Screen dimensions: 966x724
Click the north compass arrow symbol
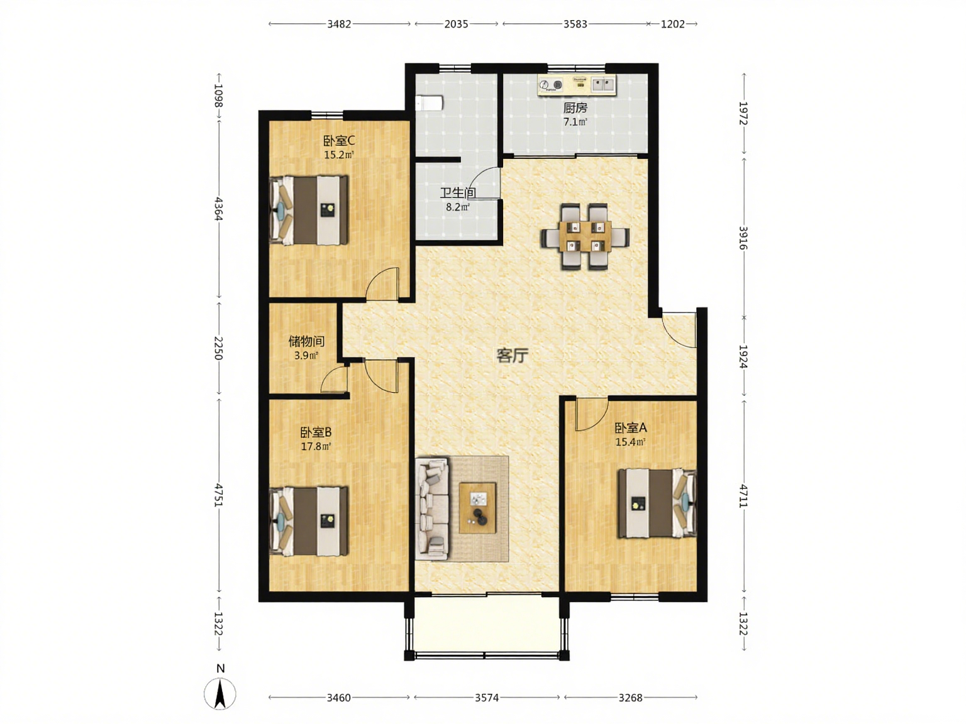220,694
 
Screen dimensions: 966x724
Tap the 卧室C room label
339,141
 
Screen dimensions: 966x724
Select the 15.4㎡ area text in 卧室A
630,442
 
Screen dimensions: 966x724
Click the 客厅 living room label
512,356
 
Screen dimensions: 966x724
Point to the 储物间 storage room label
306,341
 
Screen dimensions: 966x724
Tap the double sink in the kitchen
603,84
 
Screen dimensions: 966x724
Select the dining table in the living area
585,236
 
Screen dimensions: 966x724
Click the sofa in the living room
432,508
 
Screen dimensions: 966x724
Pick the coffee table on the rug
477,508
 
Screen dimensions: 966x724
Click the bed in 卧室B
309,521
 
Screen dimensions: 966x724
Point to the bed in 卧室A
657,503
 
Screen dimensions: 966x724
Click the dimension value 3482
339,24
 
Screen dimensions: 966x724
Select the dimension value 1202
672,24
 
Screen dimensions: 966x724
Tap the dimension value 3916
743,238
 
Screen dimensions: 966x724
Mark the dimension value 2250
219,348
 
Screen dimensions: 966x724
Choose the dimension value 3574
487,698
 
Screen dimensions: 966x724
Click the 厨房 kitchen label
575,107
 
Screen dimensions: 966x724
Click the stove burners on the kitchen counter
551,84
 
